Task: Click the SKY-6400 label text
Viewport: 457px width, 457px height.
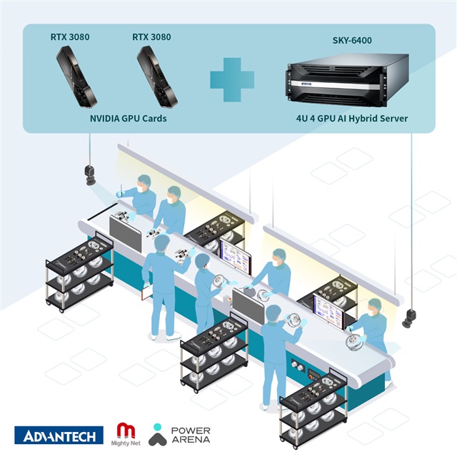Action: click(352, 40)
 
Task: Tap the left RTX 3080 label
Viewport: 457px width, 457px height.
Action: click(70, 37)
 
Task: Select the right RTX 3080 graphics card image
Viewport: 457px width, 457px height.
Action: click(157, 77)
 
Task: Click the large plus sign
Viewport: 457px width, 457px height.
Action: click(232, 79)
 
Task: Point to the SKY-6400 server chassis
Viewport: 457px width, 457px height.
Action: click(347, 79)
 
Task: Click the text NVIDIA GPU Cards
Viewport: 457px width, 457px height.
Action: click(129, 119)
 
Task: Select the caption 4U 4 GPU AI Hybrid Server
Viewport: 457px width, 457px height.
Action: click(352, 119)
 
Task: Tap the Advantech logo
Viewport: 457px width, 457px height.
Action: click(59, 435)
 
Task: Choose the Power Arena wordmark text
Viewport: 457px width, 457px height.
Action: click(191, 435)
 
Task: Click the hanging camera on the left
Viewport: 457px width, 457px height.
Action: click(90, 175)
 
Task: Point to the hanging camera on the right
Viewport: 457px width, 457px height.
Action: click(409, 318)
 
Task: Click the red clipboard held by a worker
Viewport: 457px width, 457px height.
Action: click(146, 292)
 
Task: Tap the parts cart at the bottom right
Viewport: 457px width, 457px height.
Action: click(313, 408)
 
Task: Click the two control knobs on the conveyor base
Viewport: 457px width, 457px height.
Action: click(297, 365)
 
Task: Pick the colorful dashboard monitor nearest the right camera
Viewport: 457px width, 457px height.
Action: click(328, 311)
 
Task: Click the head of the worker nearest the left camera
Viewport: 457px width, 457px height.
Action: click(144, 183)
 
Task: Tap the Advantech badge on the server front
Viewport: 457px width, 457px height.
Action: click(306, 84)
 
